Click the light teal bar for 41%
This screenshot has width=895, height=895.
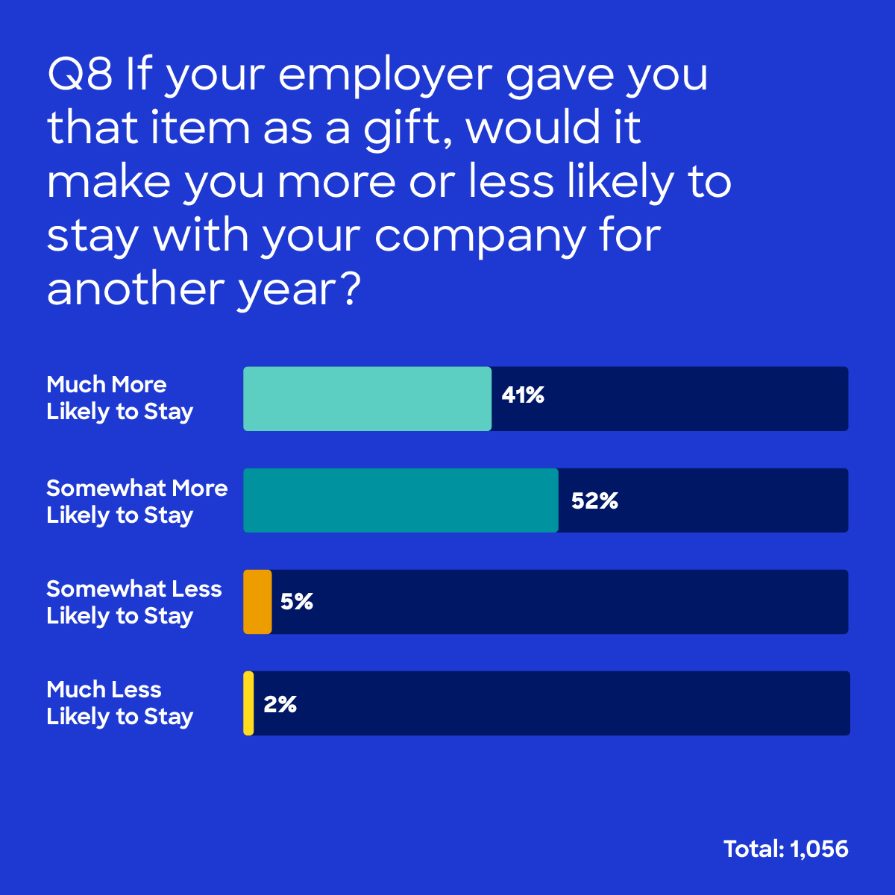(x=367, y=399)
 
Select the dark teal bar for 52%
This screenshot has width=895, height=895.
(x=401, y=500)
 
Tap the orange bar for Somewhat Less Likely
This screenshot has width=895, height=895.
(x=257, y=602)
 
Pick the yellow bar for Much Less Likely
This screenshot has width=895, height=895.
(x=248, y=703)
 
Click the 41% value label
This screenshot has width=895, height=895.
(x=523, y=395)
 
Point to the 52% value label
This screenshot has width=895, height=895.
(x=594, y=501)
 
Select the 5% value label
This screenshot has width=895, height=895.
(x=297, y=602)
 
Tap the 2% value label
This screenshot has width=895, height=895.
(x=280, y=704)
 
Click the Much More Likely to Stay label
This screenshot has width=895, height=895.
(x=120, y=398)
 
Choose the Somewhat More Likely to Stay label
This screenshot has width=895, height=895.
(x=136, y=501)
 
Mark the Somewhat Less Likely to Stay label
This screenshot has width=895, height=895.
(x=134, y=603)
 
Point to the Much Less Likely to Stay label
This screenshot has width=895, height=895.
(x=120, y=703)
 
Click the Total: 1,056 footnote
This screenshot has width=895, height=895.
(x=785, y=849)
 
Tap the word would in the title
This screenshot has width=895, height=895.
(x=533, y=128)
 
